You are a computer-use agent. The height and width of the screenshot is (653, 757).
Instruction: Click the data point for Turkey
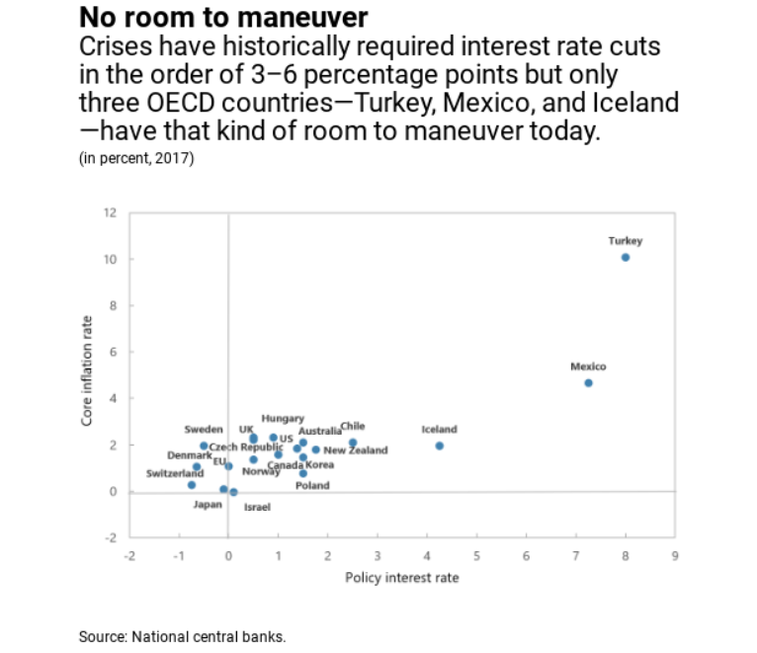point(626,257)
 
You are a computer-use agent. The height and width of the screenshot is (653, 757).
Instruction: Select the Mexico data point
point(588,382)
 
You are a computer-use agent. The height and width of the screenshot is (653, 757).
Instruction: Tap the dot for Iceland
point(440,446)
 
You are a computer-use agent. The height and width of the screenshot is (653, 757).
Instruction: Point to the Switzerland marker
point(192,485)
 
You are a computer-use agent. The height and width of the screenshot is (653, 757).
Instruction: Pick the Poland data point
point(303,473)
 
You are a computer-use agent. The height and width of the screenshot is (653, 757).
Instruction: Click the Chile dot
point(353,443)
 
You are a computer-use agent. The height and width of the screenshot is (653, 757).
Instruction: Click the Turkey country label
point(626,240)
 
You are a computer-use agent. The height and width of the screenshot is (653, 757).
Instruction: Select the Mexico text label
point(588,367)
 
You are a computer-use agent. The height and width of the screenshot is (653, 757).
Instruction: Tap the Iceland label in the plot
point(440,430)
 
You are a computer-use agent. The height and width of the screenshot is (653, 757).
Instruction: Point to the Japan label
point(208,505)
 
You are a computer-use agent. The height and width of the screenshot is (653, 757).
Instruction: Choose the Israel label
point(257,507)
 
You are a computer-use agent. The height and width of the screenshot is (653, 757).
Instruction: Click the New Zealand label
point(356,450)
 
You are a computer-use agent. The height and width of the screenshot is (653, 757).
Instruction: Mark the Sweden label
point(204,430)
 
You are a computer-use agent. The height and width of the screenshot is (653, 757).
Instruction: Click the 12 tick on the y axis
point(110,212)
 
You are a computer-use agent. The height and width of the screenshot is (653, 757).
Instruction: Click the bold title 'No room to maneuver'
point(222,18)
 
